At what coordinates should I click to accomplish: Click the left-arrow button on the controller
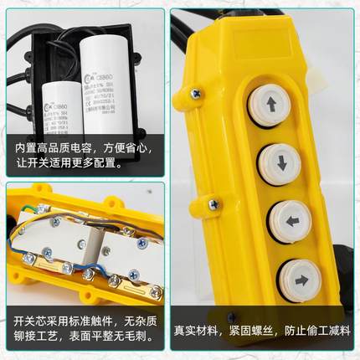286,221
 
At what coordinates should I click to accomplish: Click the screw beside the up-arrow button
195,94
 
